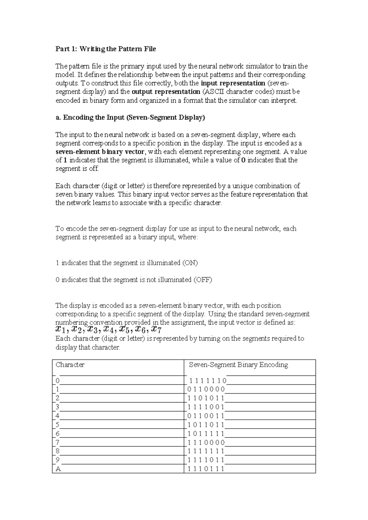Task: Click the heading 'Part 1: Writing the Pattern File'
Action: point(105,49)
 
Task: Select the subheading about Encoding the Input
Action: point(130,118)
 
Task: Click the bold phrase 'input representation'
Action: point(233,83)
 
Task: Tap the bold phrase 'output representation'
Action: point(166,92)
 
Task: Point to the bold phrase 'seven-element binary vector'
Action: point(99,152)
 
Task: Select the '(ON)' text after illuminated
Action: point(190,263)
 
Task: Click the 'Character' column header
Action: point(70,365)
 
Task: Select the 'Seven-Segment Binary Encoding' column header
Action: point(238,365)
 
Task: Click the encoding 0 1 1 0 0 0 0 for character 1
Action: point(206,390)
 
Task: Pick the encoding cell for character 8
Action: point(206,451)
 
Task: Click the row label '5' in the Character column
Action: point(57,425)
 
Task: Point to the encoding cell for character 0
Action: point(208,381)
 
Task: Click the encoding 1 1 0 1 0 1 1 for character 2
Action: point(206,399)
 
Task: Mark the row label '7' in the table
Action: point(57,442)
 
